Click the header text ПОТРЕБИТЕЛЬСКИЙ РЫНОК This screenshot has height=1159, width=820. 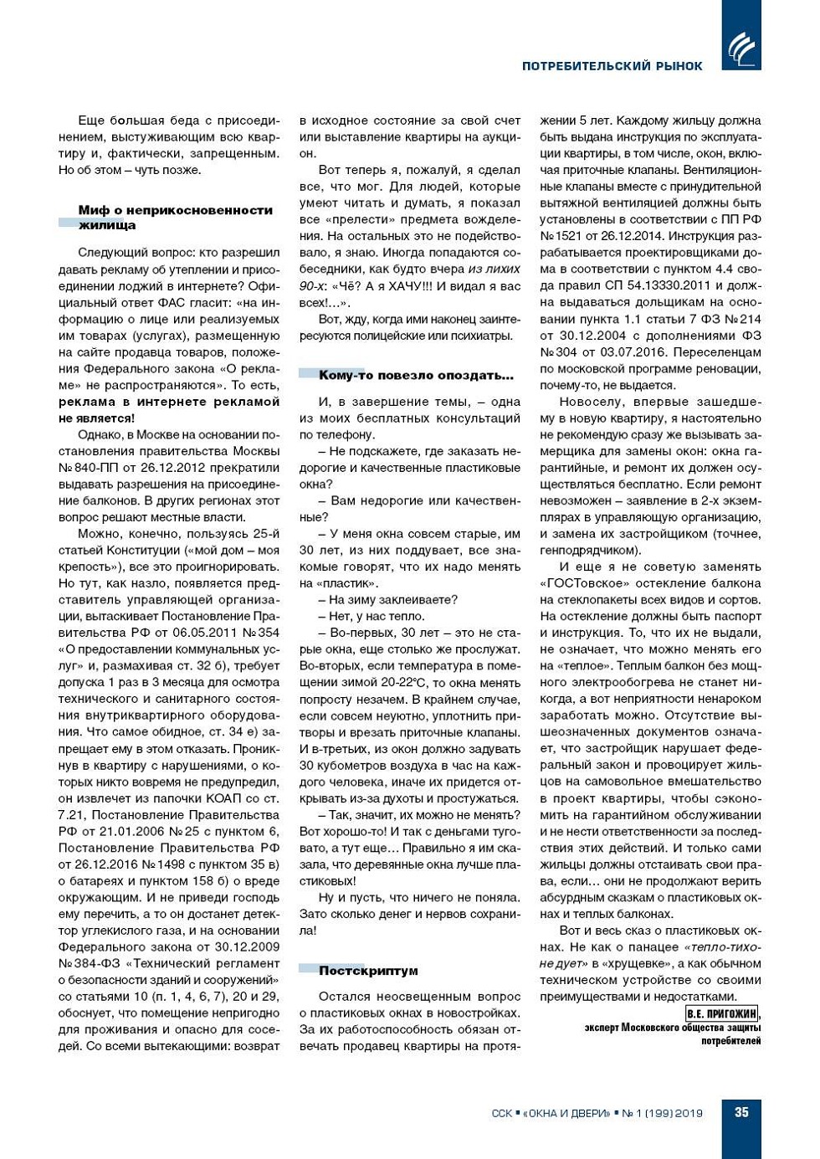point(612,66)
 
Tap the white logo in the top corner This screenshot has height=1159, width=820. point(741,48)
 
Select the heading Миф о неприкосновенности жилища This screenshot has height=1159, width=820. point(175,218)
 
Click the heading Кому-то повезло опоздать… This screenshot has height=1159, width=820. point(415,375)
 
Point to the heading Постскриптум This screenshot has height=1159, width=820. point(367,971)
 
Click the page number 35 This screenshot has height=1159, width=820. point(741,1112)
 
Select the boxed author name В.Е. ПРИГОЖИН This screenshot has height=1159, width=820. point(720,1013)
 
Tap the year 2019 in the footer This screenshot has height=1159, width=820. point(689,1113)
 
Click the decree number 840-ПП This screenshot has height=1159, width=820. point(103,468)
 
